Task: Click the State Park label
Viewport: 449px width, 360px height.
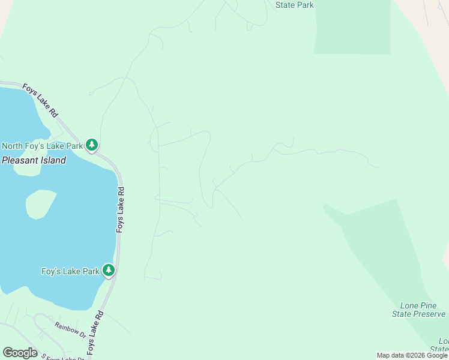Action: point(294,5)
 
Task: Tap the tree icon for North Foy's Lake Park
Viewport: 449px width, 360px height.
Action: point(92,145)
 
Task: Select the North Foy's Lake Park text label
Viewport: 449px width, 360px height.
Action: point(42,146)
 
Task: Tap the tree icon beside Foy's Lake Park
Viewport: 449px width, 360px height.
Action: point(109,271)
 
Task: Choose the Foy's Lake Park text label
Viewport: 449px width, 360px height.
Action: point(70,271)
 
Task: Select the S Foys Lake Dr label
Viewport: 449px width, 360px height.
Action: point(63,358)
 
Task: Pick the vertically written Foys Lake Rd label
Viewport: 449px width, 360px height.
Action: point(120,209)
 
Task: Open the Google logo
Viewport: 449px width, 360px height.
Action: point(20,353)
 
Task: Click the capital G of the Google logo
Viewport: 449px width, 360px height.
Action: point(7,352)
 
